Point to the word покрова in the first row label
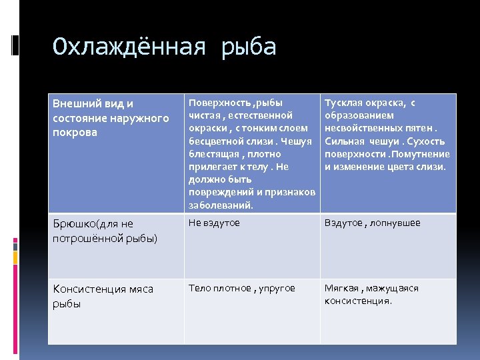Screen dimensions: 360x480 [75, 132]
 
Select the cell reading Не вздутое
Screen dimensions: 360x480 [214, 223]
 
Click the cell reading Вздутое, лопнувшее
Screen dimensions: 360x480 [372, 223]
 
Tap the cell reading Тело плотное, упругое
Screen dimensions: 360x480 [241, 288]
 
